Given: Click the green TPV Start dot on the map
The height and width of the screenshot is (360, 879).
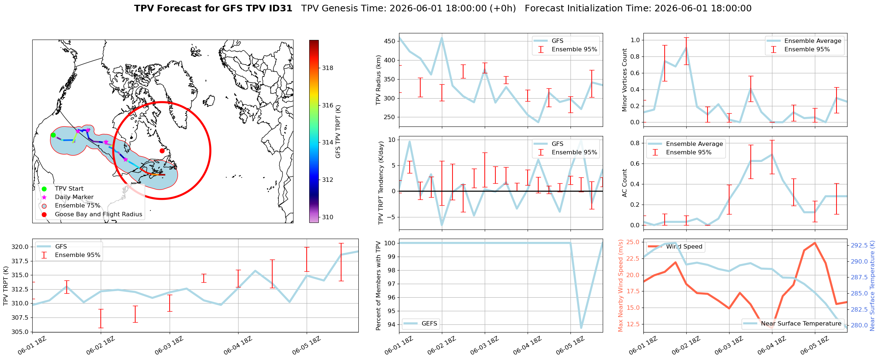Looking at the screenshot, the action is (53, 135).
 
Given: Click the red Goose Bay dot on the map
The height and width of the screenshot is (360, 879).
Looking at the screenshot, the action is (162, 151).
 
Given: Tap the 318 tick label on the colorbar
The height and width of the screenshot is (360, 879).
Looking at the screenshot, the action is (328, 68).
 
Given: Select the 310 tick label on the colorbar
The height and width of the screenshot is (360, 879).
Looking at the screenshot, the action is (328, 217).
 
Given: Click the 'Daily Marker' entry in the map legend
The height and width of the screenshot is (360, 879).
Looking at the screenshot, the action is (74, 197).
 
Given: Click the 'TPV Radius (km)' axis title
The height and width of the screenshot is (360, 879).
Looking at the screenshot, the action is (378, 80).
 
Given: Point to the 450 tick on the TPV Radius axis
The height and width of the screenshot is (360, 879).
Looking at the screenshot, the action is (390, 41).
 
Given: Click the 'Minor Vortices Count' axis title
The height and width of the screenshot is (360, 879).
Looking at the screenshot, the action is (624, 80).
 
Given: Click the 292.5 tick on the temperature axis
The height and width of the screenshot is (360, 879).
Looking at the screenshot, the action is (859, 245).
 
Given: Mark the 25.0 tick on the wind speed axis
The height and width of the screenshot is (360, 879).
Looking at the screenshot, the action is (634, 242).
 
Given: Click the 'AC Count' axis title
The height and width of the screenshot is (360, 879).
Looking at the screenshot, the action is (624, 183).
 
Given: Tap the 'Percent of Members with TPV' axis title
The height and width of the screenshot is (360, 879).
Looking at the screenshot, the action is (378, 286).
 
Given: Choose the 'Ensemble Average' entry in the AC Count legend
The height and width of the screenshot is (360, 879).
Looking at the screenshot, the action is (694, 144).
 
